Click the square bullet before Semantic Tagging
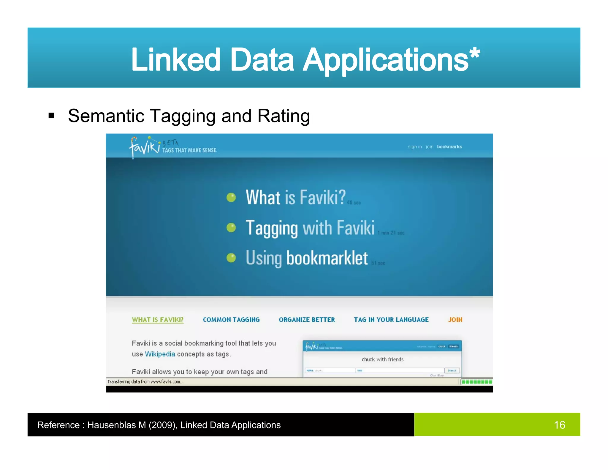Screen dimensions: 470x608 pos(51,115)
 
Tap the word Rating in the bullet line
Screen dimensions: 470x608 pos(284,116)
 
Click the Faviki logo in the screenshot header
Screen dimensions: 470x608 pos(145,146)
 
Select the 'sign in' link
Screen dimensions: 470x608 pos(414,147)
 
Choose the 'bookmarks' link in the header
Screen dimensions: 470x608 pos(449,147)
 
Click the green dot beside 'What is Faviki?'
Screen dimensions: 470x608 pos(231,197)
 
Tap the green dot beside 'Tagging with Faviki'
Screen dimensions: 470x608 pos(231,228)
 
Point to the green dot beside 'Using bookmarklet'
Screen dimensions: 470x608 pos(231,258)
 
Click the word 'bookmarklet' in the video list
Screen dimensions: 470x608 pos(327,258)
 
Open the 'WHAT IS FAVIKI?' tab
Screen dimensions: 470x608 pos(158,320)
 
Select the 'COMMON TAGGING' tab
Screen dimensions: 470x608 pos(231,320)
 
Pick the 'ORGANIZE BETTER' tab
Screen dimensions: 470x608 pos(307,320)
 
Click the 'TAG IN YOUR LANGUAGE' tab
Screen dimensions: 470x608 pos(391,320)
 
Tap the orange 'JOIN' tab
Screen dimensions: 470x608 pos(455,320)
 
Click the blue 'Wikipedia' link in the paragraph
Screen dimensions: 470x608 pos(160,354)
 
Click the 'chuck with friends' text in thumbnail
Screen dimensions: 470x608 pos(382,359)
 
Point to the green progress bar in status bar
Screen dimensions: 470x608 pos(476,382)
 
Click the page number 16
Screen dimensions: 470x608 pos(559,425)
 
